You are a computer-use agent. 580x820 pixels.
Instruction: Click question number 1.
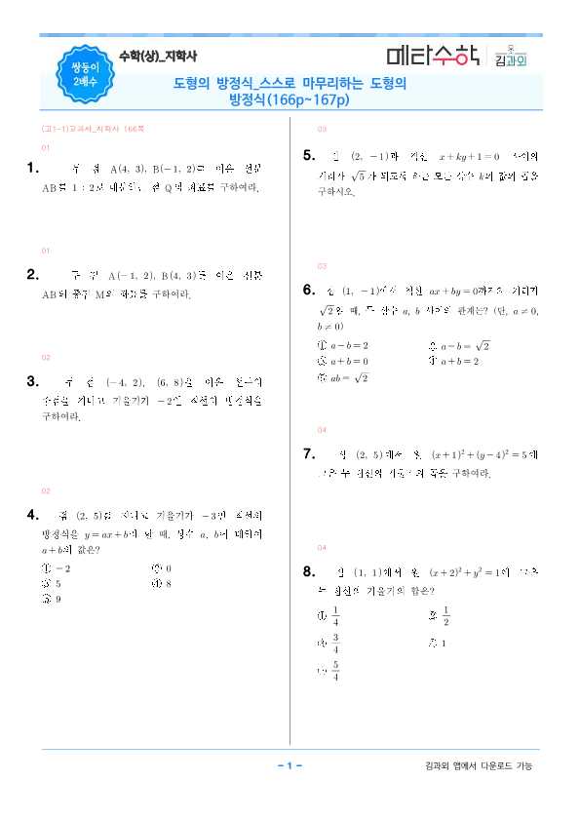click(33, 169)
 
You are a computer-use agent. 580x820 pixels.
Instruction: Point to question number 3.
click(33, 381)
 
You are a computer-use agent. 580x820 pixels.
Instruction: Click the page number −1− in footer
click(290, 765)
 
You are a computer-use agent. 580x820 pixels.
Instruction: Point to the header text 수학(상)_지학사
click(157, 57)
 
